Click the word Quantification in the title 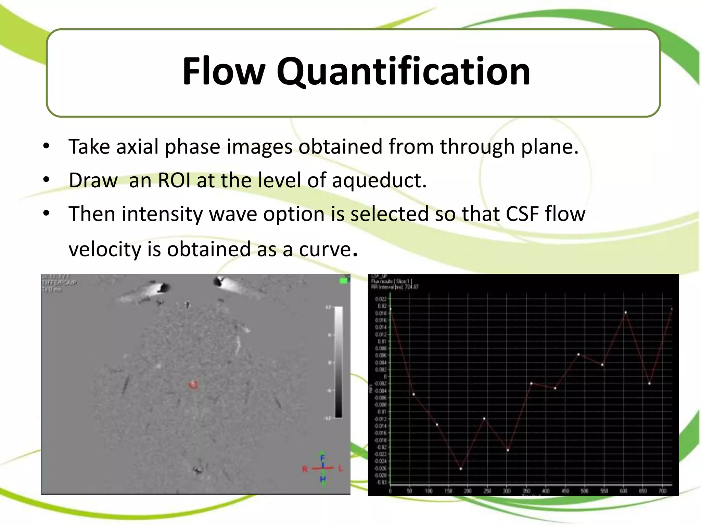[404, 72]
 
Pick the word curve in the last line [325, 249]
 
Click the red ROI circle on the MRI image [193, 385]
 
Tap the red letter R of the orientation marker [305, 469]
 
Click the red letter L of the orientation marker [341, 468]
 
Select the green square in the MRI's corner [343, 281]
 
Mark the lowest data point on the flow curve [461, 469]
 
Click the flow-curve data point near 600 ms [625, 312]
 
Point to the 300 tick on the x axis [507, 491]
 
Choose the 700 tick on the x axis [663, 491]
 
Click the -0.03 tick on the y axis [382, 482]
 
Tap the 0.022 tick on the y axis [381, 299]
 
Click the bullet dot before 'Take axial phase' [47, 147]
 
